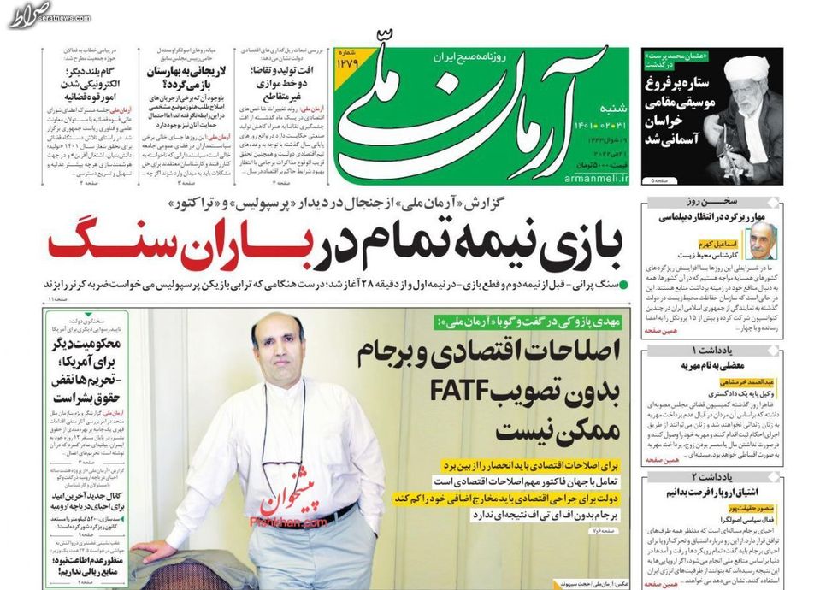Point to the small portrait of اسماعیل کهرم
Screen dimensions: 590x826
click(760, 240)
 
